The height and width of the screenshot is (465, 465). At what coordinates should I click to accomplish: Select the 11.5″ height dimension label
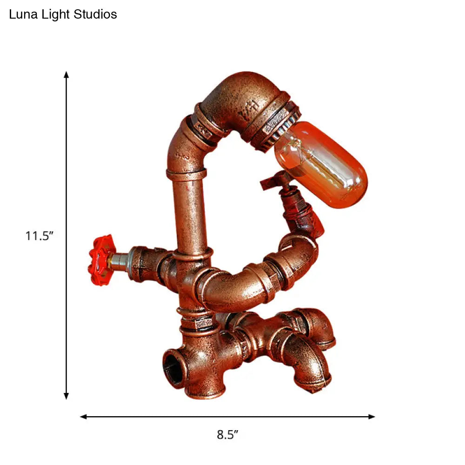(39, 236)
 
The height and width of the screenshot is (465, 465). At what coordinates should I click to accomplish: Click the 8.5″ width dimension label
(227, 434)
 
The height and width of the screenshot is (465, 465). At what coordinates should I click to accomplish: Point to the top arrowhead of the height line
(66, 74)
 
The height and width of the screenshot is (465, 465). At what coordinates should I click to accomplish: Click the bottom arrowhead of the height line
(66, 396)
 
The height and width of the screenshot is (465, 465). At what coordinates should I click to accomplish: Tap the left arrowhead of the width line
(84, 417)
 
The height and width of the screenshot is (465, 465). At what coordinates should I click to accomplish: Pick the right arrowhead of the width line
(372, 417)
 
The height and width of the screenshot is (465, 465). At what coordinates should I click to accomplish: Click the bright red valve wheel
(101, 260)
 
